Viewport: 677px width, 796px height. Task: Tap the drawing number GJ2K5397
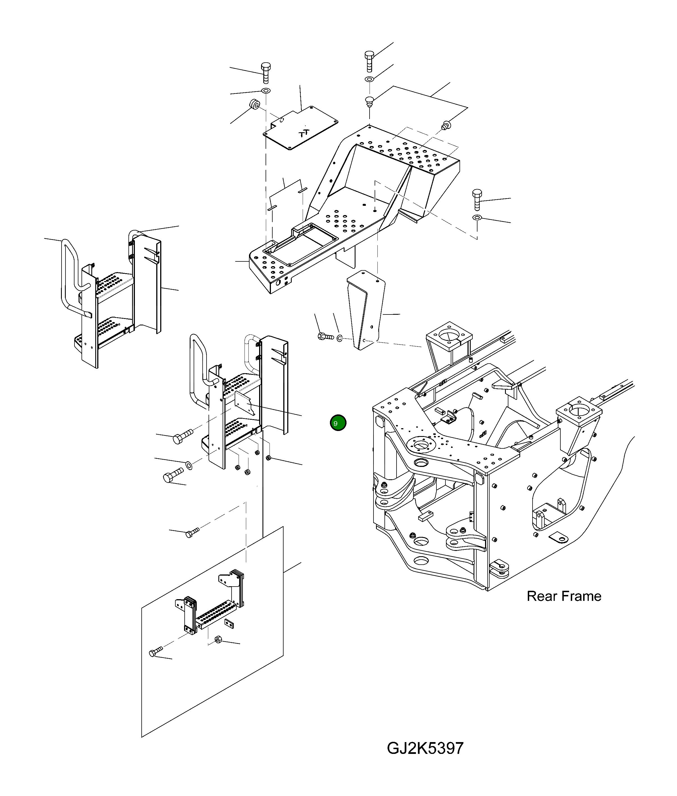tap(425, 748)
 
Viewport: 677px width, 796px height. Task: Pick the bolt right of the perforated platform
tap(477, 199)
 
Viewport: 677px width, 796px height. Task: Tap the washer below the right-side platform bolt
tap(477, 218)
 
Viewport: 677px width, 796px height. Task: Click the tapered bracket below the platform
tap(366, 309)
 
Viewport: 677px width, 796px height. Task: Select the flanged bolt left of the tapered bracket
tap(325, 337)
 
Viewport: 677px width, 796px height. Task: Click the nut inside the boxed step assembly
tap(218, 639)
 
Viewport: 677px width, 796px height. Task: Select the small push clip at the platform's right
tap(446, 125)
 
